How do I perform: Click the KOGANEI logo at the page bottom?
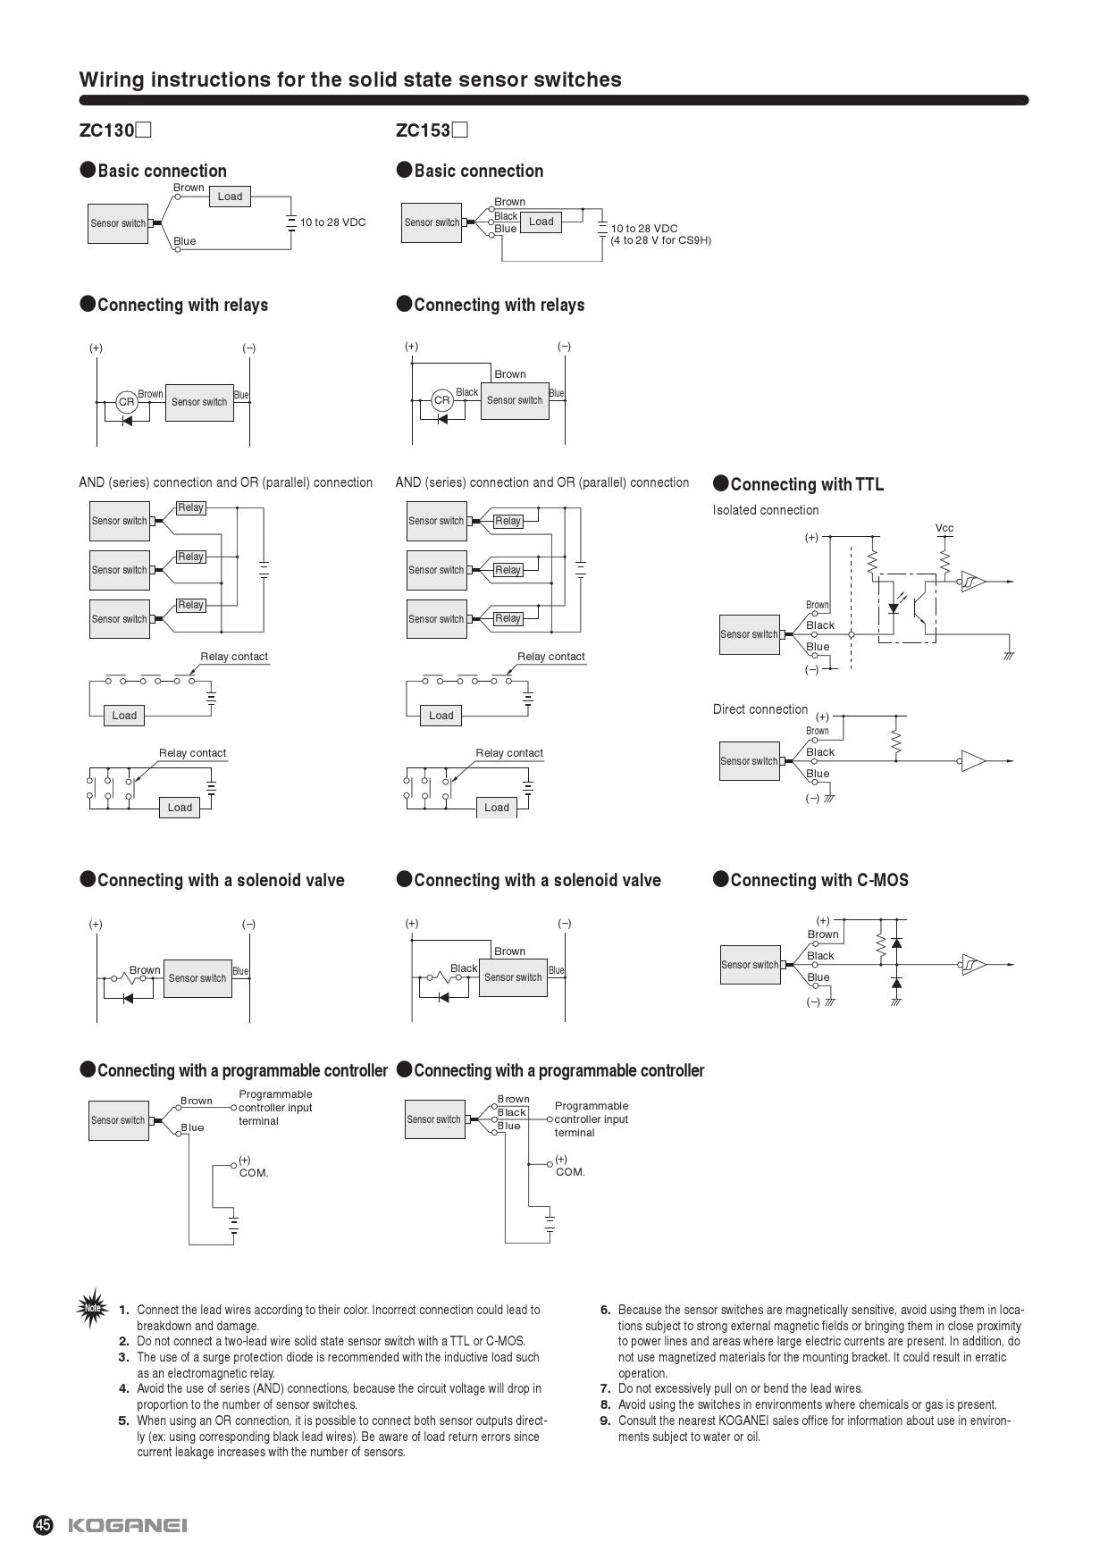(x=128, y=1524)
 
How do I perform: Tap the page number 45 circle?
(x=44, y=1524)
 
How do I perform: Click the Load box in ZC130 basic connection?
(x=230, y=197)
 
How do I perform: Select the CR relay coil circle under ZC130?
(x=127, y=402)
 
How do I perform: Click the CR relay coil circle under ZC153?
(x=442, y=400)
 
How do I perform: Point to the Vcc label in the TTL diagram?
(x=944, y=528)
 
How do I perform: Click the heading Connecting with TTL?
(x=806, y=484)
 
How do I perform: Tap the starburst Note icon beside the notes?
(x=92, y=1308)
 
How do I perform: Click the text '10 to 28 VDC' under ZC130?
(x=332, y=222)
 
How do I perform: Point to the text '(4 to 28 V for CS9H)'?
(x=660, y=240)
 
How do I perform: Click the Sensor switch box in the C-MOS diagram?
(x=750, y=965)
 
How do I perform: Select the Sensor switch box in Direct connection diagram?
(x=749, y=761)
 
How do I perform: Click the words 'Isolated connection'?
(x=766, y=510)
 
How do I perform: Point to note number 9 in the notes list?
(x=605, y=1420)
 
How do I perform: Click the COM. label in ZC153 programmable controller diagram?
(x=570, y=1172)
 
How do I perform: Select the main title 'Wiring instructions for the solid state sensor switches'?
(x=350, y=80)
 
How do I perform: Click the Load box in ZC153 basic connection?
(x=541, y=222)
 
